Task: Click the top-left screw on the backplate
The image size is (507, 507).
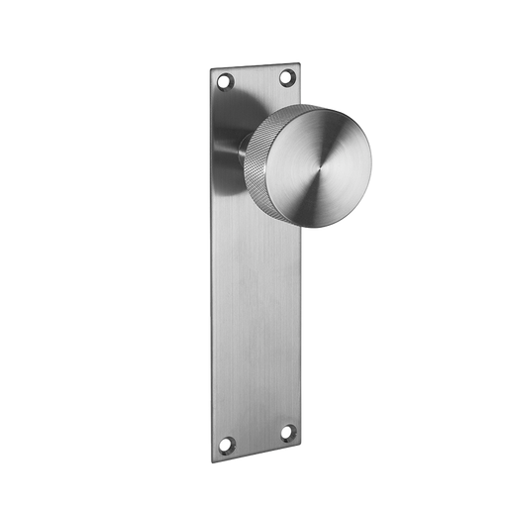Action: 227,79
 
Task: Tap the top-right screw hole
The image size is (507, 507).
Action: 288,75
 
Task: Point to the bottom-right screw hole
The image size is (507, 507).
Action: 288,432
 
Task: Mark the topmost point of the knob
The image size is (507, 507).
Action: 319,104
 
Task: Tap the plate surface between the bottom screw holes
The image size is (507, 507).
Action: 258,436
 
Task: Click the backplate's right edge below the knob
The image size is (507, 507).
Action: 303,327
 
